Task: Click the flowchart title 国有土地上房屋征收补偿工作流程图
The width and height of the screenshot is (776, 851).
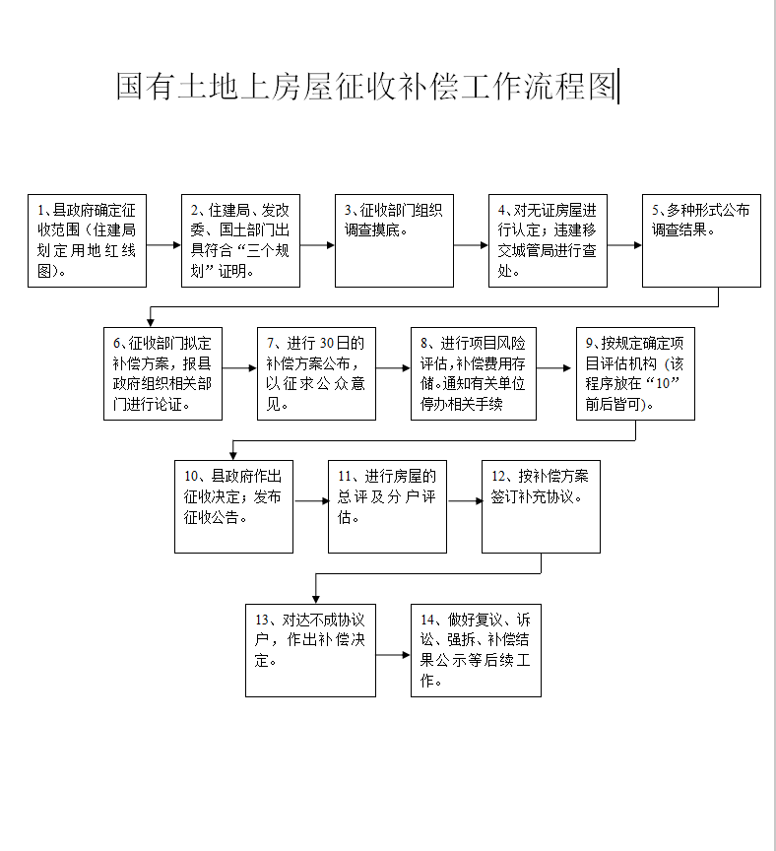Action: pos(365,87)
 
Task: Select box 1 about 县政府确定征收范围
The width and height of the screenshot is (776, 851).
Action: pos(87,240)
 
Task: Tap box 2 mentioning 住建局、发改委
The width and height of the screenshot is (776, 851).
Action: pos(240,240)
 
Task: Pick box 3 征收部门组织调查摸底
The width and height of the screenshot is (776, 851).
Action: pos(394,240)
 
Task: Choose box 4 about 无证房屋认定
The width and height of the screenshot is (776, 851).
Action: pos(548,240)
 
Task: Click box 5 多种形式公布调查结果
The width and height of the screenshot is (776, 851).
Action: pos(701,240)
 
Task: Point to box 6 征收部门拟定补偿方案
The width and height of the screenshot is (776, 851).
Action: pos(162,373)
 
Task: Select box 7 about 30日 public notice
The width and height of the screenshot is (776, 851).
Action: pos(316,373)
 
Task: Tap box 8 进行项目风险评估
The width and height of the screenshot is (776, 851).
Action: pos(474,373)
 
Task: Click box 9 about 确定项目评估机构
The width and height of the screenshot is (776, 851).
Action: pos(635,373)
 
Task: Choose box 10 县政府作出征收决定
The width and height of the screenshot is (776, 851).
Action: pos(233,506)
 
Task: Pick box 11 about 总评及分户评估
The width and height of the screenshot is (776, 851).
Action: pos(387,506)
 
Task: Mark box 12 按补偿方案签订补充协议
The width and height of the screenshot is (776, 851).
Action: pos(541,506)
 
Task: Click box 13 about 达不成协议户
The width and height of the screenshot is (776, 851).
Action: pos(310,650)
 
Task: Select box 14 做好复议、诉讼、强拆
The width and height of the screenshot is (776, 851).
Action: pos(476,650)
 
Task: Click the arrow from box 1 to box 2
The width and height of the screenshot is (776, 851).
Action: pos(163,240)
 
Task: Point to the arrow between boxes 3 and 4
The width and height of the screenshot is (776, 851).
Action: pos(471,240)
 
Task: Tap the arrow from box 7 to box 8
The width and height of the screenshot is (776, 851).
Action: pos(393,367)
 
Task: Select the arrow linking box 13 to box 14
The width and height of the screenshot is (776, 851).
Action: pos(393,653)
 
